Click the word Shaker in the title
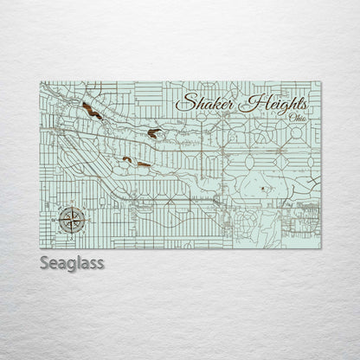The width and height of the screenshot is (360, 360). click(206, 102)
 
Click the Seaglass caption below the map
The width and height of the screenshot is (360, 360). click(72, 262)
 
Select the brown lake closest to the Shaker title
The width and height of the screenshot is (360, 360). click(153, 132)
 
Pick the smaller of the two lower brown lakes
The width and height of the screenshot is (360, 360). click(126, 158)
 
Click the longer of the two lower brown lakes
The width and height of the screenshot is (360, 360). click(143, 164)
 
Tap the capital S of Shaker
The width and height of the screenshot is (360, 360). click(184, 101)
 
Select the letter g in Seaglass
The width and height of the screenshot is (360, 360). click(74, 264)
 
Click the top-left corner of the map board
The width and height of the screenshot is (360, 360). click(40, 81)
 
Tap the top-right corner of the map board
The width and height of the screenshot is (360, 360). click(321, 81)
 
